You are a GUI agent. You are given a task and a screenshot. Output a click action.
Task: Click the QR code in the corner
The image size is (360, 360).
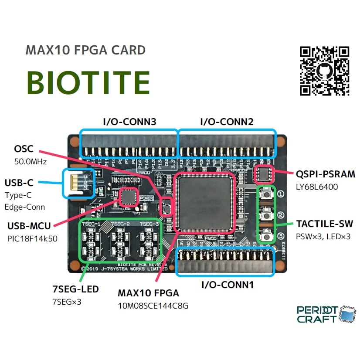click(x=325, y=71)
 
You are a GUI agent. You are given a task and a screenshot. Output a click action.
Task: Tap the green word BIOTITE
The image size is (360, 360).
click(x=88, y=82)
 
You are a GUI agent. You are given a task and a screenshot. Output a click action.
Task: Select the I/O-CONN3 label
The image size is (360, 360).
click(x=129, y=122)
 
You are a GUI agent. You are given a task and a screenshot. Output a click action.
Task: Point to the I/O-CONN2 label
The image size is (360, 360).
click(x=227, y=122)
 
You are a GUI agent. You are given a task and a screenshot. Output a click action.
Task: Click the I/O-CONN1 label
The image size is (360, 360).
click(x=227, y=285)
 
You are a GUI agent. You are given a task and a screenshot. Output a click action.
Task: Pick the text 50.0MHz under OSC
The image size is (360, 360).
click(x=30, y=162)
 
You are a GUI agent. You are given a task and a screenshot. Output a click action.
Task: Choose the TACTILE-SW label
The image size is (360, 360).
click(x=324, y=224)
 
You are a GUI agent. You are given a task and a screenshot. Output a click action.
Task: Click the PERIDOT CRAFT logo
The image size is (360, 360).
click(x=323, y=314)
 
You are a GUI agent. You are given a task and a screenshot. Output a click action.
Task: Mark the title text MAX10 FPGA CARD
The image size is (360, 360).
click(x=85, y=50)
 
